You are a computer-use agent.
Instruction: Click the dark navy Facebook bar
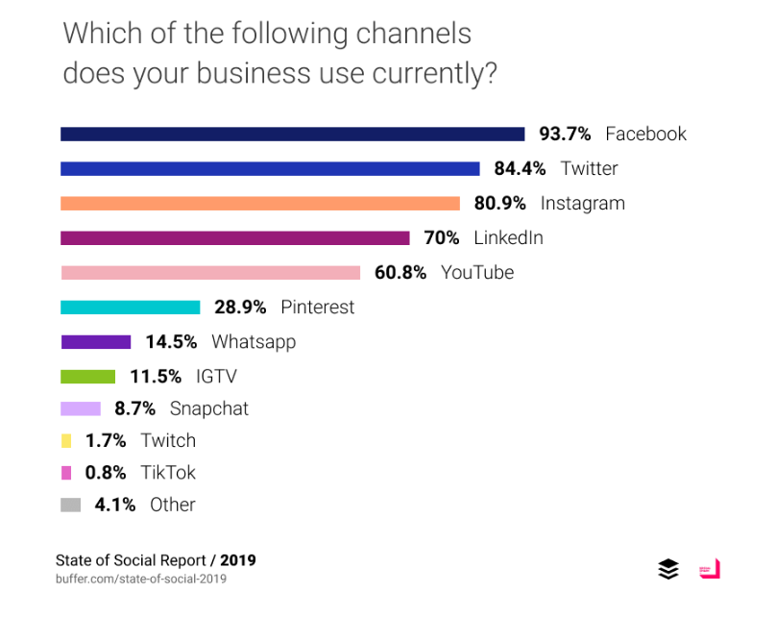(292, 134)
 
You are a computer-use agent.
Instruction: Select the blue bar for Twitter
(270, 168)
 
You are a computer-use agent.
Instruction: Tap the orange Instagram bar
(260, 203)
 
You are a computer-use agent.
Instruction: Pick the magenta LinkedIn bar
(235, 237)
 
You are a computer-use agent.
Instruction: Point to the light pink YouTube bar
(210, 272)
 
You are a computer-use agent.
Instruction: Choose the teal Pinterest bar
(131, 308)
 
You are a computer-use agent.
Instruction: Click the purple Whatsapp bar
(96, 341)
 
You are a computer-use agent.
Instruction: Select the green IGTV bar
(88, 376)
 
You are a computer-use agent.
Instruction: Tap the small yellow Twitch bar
(66, 440)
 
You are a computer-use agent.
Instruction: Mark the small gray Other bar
(70, 505)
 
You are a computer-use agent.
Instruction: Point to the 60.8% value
(400, 272)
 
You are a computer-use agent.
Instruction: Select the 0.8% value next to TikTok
(105, 473)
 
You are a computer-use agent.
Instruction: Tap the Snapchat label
(209, 408)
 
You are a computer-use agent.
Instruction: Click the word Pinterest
(318, 308)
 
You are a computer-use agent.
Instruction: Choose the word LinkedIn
(508, 237)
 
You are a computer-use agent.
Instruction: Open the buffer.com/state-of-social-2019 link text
(141, 579)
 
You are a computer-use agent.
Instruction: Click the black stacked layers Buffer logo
(668, 569)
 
